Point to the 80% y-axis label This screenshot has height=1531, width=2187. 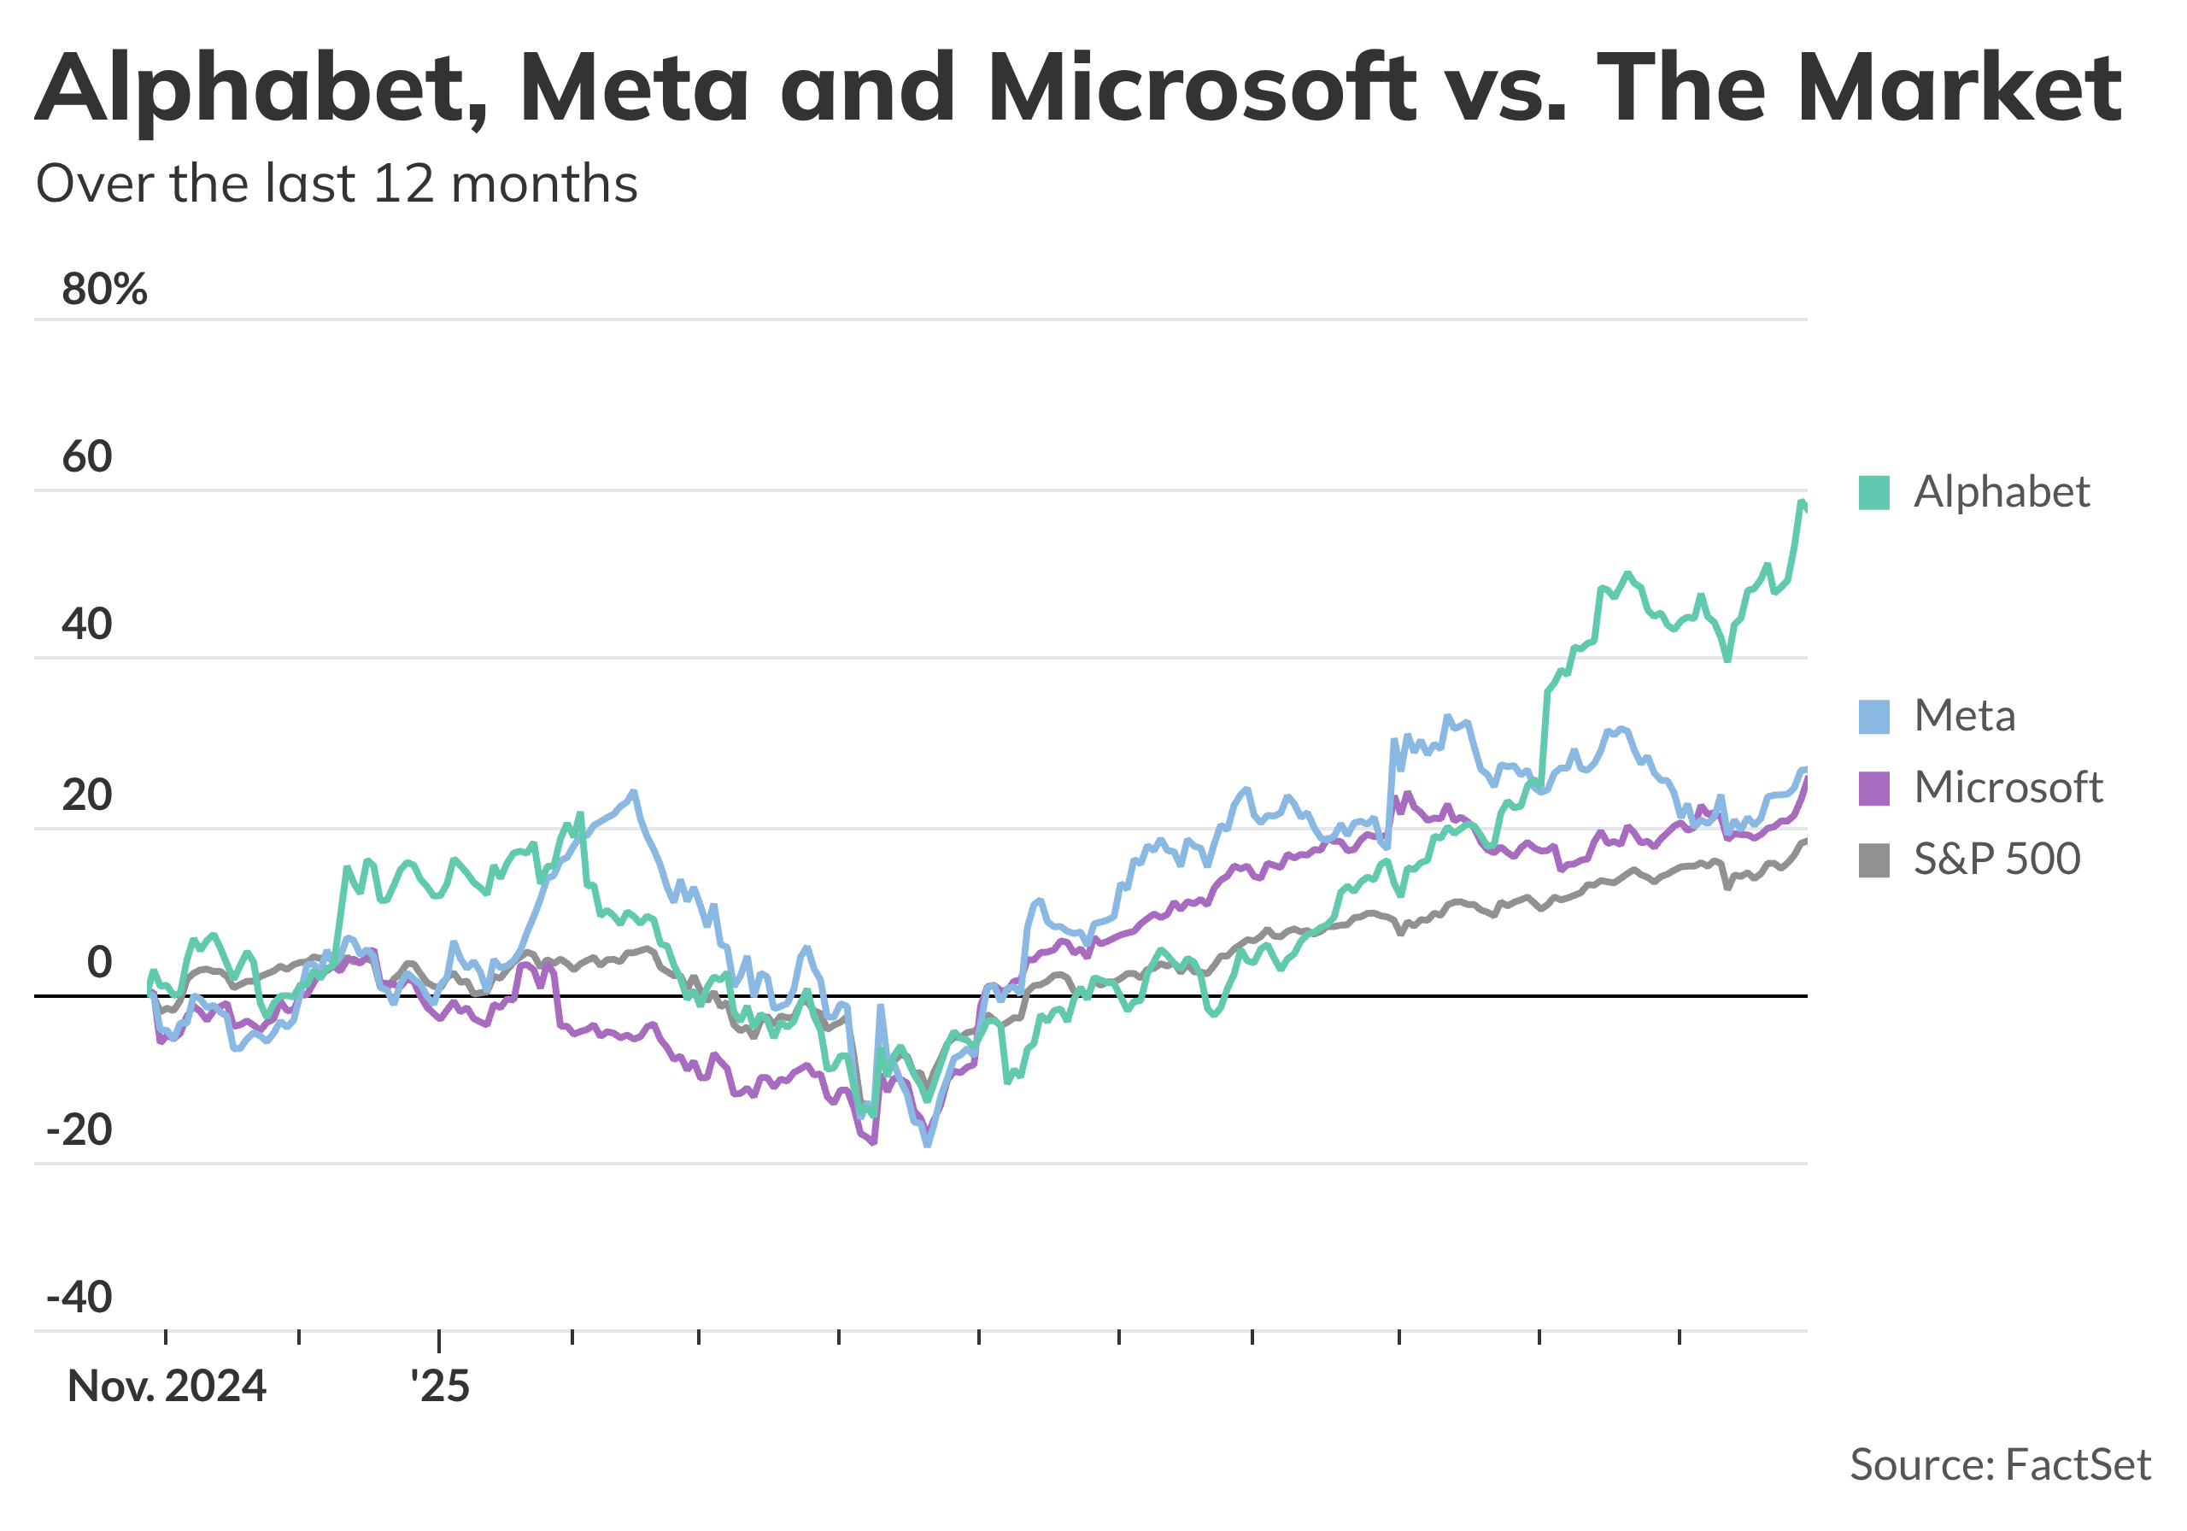[x=105, y=289]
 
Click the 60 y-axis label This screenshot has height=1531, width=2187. [x=88, y=457]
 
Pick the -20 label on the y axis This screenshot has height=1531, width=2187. [x=80, y=1131]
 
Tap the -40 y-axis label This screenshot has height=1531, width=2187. [x=80, y=1298]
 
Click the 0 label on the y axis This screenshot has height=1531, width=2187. [x=100, y=963]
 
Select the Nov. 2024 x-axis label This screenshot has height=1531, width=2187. [x=167, y=1387]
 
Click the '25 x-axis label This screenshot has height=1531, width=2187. [x=440, y=1387]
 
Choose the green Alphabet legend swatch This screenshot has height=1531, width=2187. [x=1873, y=494]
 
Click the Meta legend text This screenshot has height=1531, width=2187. [x=1965, y=715]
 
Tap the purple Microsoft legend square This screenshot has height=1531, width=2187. [x=1873, y=789]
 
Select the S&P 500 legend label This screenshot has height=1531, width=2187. [x=1996, y=859]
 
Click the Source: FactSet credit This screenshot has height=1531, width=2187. [x=1999, y=1464]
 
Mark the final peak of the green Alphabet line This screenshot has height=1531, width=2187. [x=1801, y=502]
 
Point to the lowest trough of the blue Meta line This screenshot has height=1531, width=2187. [x=928, y=1144]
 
